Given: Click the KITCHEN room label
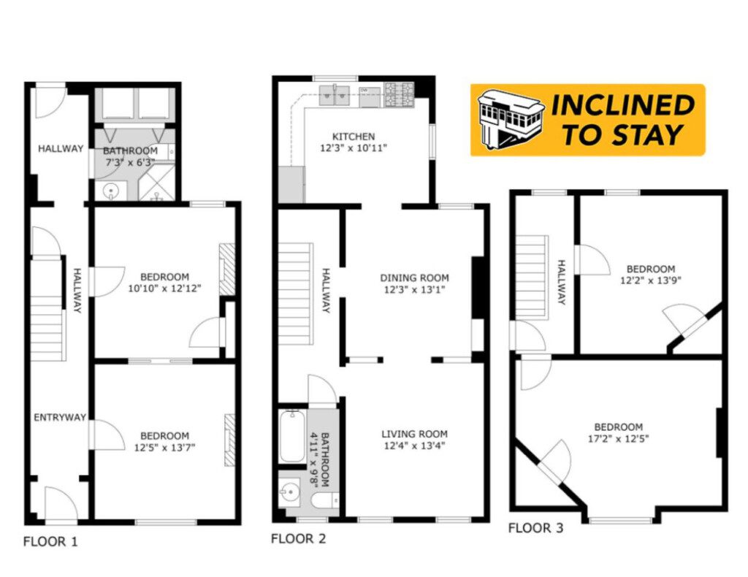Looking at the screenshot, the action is click(353, 137).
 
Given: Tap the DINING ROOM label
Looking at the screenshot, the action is click(414, 278).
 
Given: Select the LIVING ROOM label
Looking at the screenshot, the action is click(414, 434).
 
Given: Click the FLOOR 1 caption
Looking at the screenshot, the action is click(50, 542).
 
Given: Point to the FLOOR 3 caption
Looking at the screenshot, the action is click(535, 528).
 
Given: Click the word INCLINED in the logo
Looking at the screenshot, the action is click(623, 105).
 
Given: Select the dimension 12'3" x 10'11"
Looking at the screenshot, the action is click(353, 148).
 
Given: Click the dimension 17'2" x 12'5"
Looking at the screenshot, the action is click(618, 439).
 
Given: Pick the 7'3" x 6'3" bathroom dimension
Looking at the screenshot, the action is click(130, 162).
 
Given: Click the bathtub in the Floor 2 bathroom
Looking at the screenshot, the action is click(292, 436).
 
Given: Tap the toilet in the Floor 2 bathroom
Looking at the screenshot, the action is click(324, 501).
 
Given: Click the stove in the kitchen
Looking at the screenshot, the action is click(400, 94).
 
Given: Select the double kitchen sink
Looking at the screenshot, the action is click(335, 96).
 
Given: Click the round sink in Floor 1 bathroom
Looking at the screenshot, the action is click(112, 191).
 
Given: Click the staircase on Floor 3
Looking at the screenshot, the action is click(531, 278).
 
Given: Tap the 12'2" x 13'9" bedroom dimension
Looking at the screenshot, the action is click(650, 281).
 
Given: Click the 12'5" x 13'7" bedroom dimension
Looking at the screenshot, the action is click(164, 448).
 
